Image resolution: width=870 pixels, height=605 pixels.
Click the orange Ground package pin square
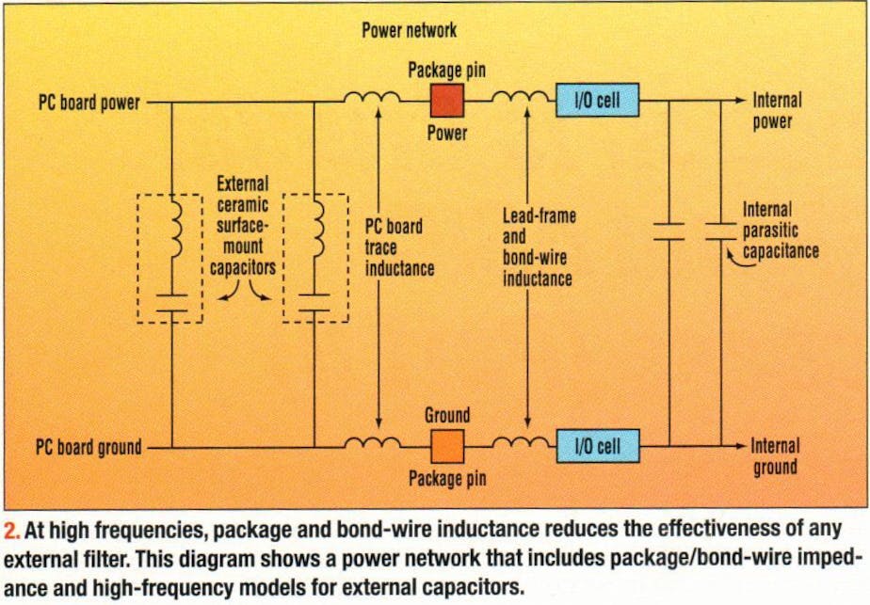pyautogui.click(x=447, y=445)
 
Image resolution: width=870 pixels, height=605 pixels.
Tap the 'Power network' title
pyautogui.click(x=409, y=30)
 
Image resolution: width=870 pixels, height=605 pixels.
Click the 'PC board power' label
pyautogui.click(x=89, y=103)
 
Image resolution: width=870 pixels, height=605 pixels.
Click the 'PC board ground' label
pyautogui.click(x=89, y=447)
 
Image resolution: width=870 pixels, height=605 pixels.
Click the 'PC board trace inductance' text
pyautogui.click(x=398, y=247)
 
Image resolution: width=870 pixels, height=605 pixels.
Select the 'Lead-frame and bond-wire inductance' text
pyautogui.click(x=538, y=247)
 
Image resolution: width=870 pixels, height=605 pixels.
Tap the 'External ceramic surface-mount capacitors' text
pyautogui.click(x=242, y=224)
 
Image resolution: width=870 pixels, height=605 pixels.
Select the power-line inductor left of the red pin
pyautogui.click(x=368, y=97)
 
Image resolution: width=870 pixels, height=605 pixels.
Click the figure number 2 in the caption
pyautogui.click(x=11, y=529)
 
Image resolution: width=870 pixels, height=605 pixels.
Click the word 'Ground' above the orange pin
pyautogui.click(x=446, y=415)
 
